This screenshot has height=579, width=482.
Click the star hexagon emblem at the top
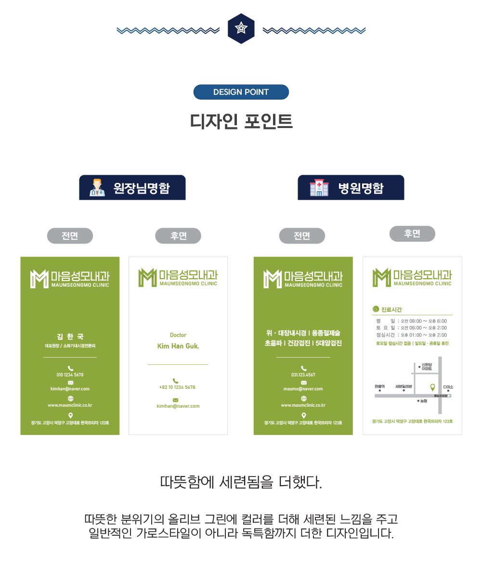point(241,29)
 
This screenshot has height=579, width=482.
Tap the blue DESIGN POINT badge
point(241,92)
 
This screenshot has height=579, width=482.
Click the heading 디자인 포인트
point(241,121)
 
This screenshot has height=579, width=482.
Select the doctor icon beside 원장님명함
point(97,187)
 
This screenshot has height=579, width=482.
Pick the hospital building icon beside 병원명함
point(318,188)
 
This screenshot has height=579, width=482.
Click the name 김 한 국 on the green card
point(70,336)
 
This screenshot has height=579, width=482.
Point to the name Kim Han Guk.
point(178,346)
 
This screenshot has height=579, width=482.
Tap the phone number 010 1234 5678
point(70,374)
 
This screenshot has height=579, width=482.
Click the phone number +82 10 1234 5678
point(177,387)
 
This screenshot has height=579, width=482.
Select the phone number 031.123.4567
point(303,374)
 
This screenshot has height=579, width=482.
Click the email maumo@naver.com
point(303,388)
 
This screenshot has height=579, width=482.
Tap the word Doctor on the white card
point(178,335)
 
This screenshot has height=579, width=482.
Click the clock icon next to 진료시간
point(376,309)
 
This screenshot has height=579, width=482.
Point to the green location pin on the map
point(432,387)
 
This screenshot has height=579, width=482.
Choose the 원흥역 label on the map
point(379,386)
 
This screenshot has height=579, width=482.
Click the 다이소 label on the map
point(448,386)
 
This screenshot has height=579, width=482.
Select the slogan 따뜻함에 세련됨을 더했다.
point(241,482)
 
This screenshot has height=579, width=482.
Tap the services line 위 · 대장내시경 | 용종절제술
point(303,333)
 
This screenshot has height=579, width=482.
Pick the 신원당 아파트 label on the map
point(427,366)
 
